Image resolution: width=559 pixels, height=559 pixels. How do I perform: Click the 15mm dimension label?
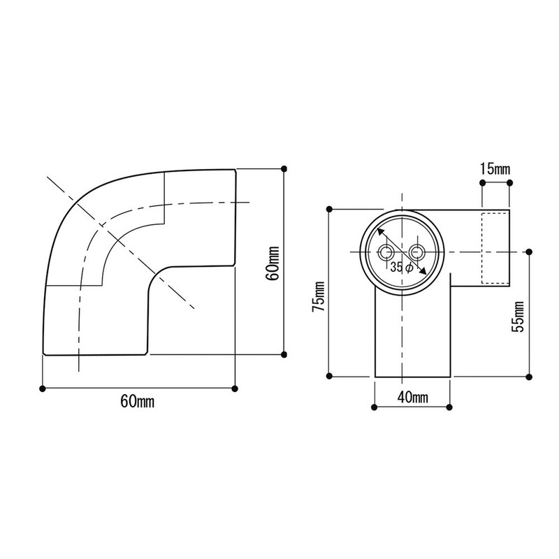tap(495, 169)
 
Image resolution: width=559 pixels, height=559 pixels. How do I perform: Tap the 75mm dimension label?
tap(319, 296)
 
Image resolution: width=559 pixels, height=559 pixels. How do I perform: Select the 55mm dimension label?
tap(518, 317)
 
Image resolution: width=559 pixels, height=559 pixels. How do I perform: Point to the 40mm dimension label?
tap(413, 397)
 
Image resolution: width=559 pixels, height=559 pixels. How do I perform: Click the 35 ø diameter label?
tap(401, 267)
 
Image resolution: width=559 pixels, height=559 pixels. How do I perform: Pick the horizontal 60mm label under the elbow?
tap(138, 401)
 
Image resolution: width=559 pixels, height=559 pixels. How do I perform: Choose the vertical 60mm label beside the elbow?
tap(274, 263)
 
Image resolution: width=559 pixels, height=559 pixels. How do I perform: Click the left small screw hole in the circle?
tap(386, 252)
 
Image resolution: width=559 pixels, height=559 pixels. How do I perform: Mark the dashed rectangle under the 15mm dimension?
tap(495, 248)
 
